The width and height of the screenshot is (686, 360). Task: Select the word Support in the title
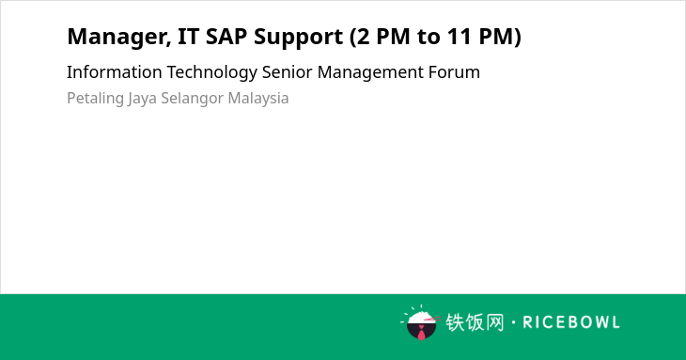[299, 38]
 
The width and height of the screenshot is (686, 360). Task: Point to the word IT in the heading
[188, 37]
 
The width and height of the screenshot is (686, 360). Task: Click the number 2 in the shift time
[363, 37]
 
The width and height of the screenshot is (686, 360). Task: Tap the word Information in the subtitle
[115, 71]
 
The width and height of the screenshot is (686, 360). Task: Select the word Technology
[211, 73]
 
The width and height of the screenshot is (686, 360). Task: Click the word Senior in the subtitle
[287, 71]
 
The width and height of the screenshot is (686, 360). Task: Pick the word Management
[370, 73]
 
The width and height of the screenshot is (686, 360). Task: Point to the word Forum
[454, 71]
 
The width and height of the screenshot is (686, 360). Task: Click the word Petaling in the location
[95, 99]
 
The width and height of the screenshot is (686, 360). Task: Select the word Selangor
[192, 99]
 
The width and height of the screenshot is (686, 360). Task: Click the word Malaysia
[258, 99]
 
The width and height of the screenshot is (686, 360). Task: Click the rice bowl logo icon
[420, 322]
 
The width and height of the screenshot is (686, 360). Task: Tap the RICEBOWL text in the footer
[571, 322]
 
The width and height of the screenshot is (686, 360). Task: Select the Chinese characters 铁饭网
[475, 322]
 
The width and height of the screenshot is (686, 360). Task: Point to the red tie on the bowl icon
[421, 332]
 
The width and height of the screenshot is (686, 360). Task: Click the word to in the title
[428, 37]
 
